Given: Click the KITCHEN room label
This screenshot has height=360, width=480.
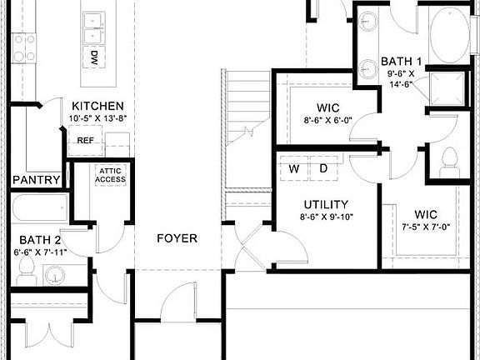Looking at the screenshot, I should (97, 106).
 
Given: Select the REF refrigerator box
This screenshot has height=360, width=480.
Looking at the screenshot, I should (85, 141).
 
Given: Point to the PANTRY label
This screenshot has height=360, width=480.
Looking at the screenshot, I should (36, 179).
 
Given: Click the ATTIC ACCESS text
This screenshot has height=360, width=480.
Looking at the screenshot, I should (110, 174).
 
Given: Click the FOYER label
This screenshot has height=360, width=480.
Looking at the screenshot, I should (177, 238).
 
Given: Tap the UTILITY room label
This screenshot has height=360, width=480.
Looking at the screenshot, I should (325, 204).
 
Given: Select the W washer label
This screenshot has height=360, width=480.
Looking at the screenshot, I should (294, 168).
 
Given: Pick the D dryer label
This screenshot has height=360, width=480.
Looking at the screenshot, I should (323, 168).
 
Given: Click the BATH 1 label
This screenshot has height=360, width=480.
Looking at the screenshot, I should (402, 61).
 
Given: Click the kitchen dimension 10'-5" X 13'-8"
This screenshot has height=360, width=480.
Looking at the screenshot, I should (97, 118).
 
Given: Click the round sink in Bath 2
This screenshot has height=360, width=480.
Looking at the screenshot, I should (56, 274).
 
